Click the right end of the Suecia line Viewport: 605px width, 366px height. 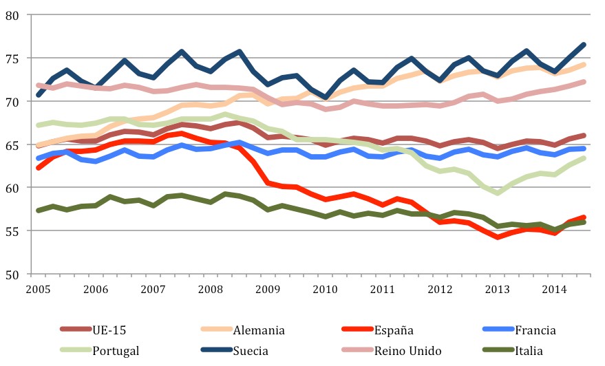tap(584, 45)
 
